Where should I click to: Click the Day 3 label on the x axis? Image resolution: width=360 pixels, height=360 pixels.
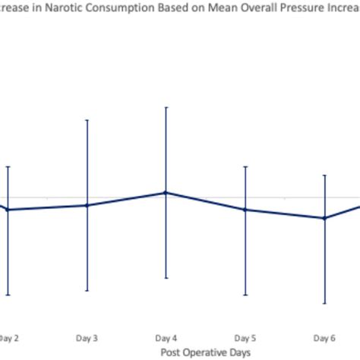pyautogui.click(x=87, y=337)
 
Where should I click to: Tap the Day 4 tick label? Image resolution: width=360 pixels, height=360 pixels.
pyautogui.click(x=166, y=337)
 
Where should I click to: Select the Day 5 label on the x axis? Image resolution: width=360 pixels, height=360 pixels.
pyautogui.click(x=245, y=337)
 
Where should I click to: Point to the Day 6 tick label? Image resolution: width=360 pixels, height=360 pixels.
pyautogui.click(x=324, y=337)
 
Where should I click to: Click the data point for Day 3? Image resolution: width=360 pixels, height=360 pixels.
pyautogui.click(x=87, y=205)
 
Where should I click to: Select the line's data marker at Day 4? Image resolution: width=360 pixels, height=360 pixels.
pyautogui.click(x=166, y=193)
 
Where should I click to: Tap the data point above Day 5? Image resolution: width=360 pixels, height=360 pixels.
pyautogui.click(x=245, y=210)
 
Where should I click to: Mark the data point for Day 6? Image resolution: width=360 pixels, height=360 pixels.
pyautogui.click(x=324, y=218)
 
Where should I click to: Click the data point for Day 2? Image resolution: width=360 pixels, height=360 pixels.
pyautogui.click(x=8, y=210)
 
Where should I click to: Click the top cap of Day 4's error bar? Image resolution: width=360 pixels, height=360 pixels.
pyautogui.click(x=166, y=107)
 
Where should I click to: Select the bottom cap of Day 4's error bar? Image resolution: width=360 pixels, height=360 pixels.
pyautogui.click(x=166, y=278)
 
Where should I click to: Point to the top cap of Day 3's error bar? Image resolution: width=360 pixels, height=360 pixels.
pyautogui.click(x=87, y=119)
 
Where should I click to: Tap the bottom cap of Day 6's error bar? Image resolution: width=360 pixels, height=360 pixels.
pyautogui.click(x=324, y=304)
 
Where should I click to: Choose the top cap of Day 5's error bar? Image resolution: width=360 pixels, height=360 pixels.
pyautogui.click(x=245, y=166)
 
